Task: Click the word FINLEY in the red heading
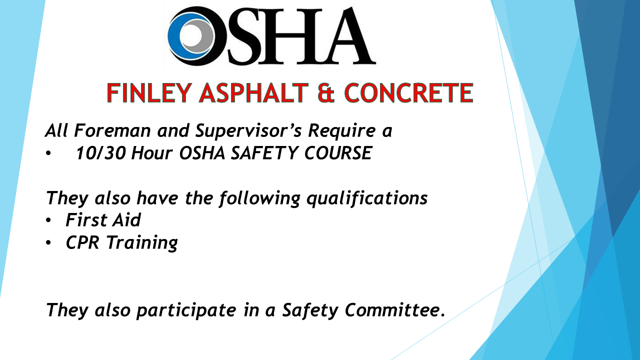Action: click(x=149, y=93)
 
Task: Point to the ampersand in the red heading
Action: click(x=326, y=93)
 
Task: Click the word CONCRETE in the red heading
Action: click(x=408, y=93)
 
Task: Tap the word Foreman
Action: click(x=112, y=130)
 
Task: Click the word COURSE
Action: click(x=338, y=153)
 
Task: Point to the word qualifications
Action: click(x=367, y=198)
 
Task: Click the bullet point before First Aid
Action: click(x=48, y=220)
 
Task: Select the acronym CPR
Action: click(x=82, y=242)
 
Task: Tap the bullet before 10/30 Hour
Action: click(x=48, y=153)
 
